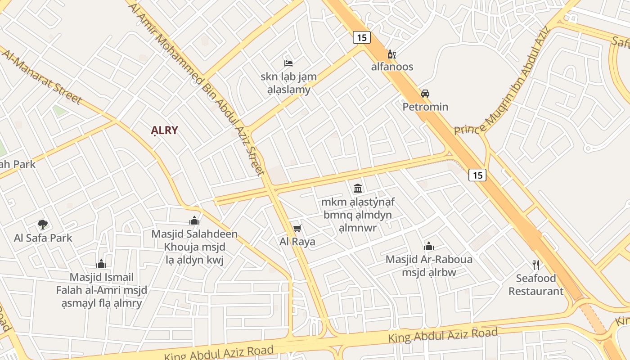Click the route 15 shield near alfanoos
362,38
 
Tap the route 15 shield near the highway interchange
477,175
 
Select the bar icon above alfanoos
391,54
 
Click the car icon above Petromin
425,94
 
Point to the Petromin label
425,107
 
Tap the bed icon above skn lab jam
288,63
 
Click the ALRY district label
164,130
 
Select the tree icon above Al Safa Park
43,224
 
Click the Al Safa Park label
43,238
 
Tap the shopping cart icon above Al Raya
297,229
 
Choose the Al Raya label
297,242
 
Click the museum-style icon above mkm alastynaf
358,188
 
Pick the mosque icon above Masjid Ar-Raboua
428,246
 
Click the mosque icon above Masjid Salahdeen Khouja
194,220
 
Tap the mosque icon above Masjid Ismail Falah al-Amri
101,264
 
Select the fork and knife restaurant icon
535,265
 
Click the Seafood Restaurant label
536,284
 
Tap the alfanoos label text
392,67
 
